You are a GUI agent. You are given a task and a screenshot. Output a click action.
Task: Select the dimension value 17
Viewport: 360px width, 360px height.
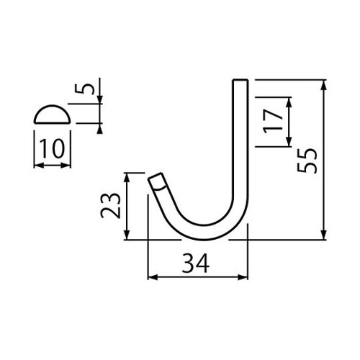tap(271, 122)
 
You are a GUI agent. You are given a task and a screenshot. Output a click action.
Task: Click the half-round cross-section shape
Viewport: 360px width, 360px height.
tap(53, 114)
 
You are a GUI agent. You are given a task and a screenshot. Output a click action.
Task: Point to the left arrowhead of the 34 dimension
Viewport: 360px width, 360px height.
tap(150, 276)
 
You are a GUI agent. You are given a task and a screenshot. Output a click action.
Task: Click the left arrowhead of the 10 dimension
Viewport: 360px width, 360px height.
tap(37, 165)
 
